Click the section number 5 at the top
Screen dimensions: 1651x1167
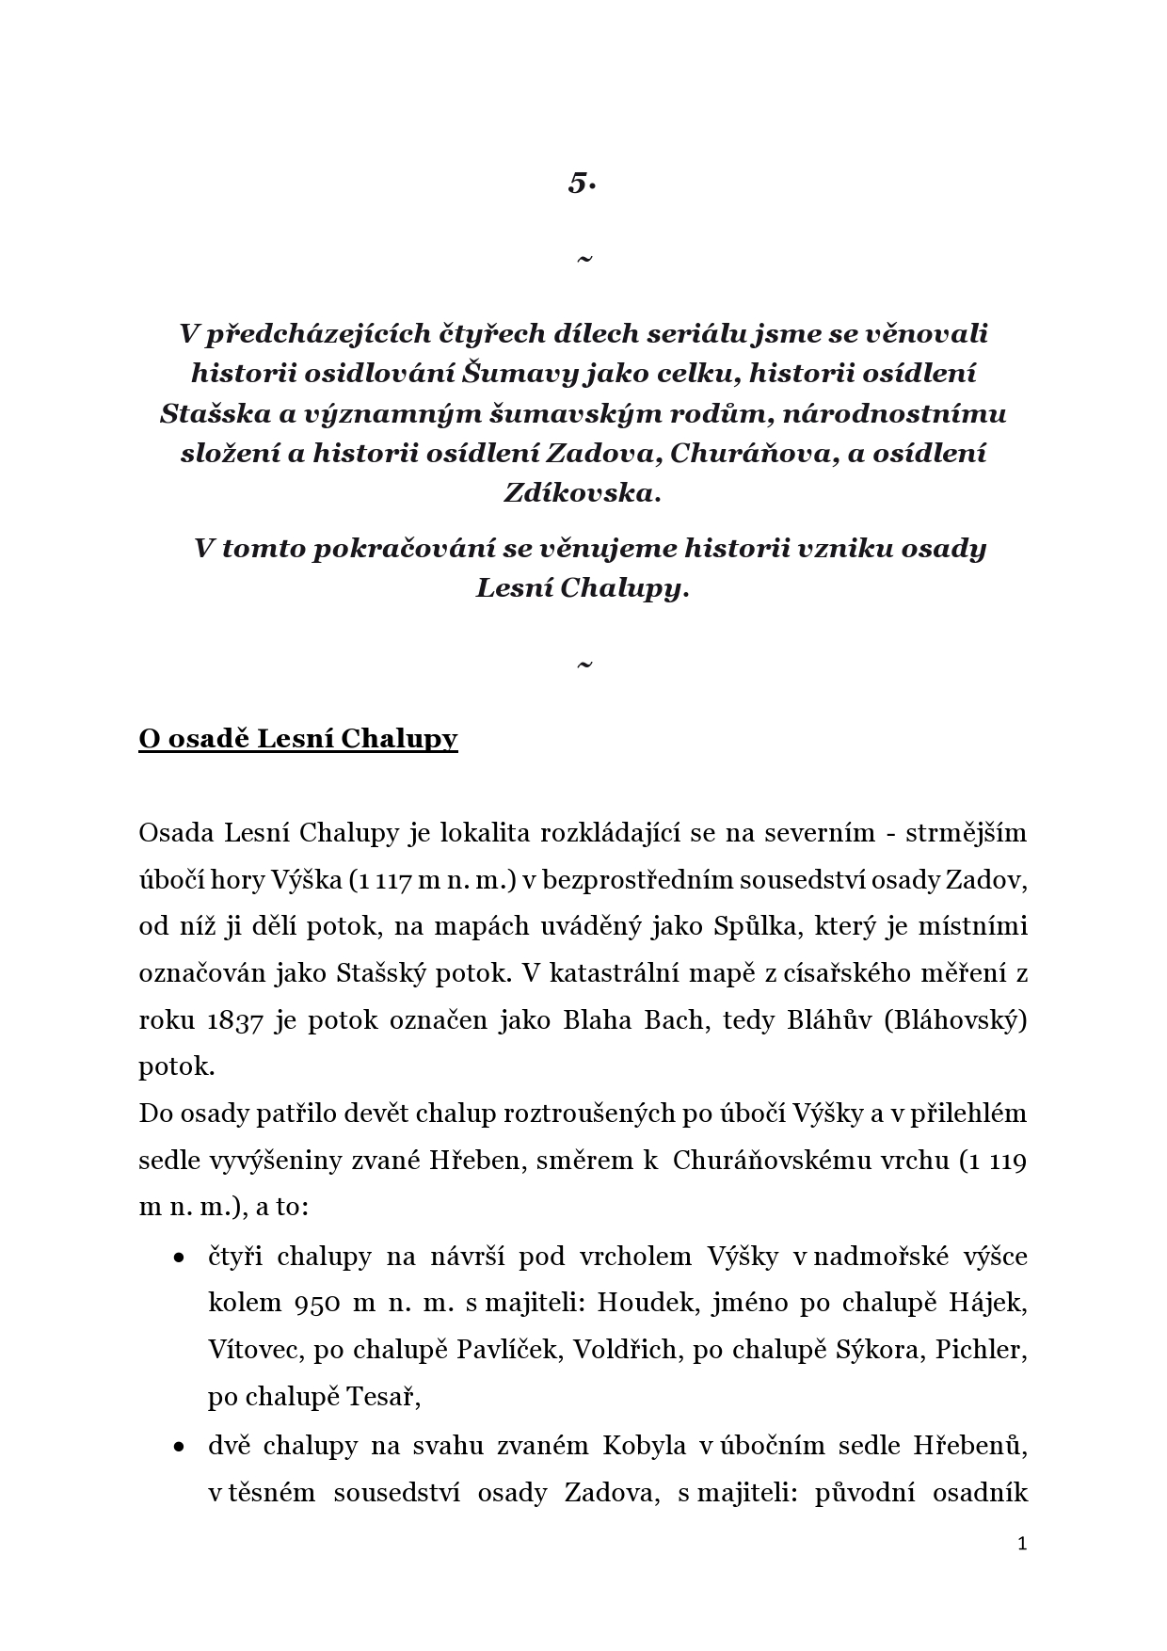(582, 183)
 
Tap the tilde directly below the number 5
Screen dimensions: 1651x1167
(583, 258)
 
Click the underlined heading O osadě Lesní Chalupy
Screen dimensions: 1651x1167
(297, 739)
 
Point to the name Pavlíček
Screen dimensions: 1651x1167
(506, 1350)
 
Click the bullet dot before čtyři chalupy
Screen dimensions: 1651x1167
(177, 1258)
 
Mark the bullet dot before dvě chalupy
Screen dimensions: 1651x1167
(177, 1447)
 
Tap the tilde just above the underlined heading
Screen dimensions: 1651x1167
(583, 665)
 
